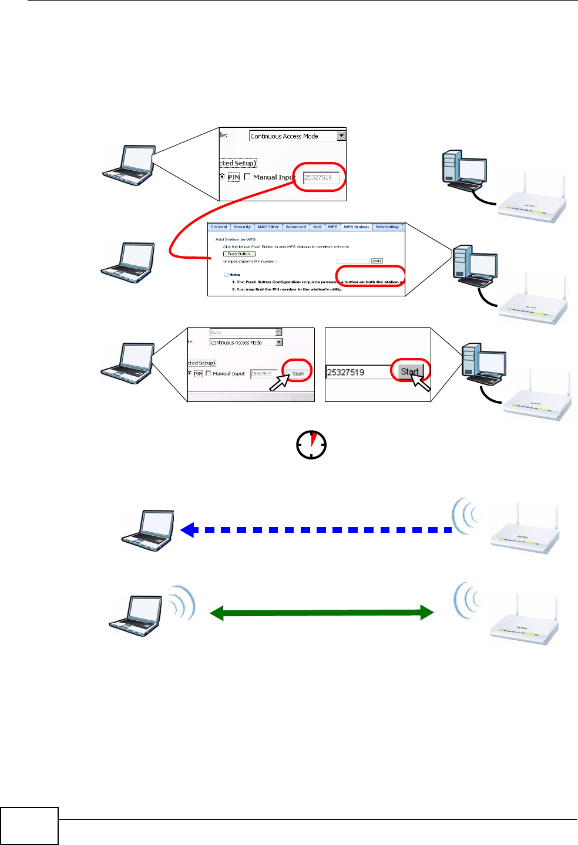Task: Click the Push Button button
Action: [239, 254]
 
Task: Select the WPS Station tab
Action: [357, 227]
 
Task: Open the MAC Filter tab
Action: [268, 227]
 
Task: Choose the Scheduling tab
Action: [387, 227]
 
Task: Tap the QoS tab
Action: [317, 227]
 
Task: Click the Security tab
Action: [242, 227]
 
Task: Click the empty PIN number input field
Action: [352, 261]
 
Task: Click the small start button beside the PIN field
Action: [377, 261]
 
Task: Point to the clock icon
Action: [311, 445]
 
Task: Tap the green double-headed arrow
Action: [322, 613]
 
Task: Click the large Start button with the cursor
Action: [410, 371]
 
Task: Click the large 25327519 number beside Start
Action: [346, 372]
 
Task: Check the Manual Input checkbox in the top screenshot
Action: [247, 177]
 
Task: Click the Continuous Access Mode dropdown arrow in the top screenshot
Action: [341, 136]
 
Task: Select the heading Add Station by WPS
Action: [236, 239]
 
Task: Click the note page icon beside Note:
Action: [226, 275]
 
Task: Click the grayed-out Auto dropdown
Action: [246, 332]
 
